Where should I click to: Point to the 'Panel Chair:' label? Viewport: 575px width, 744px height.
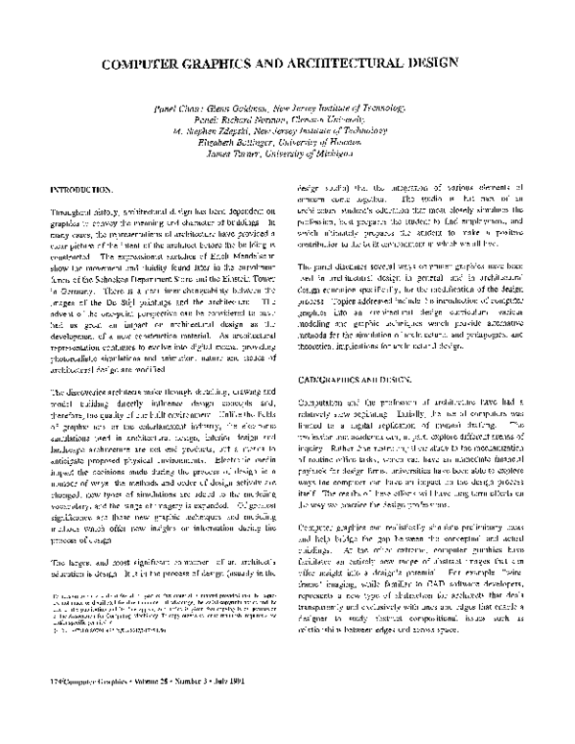pyautogui.click(x=181, y=110)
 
